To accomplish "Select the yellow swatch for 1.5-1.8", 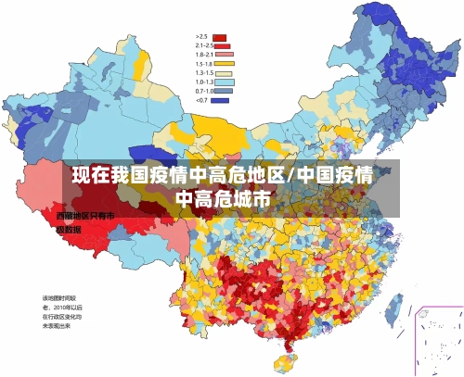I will [223, 63].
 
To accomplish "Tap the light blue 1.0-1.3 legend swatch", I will [223, 82].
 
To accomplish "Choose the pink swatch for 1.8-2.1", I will [223, 54].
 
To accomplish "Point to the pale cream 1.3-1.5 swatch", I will [223, 72].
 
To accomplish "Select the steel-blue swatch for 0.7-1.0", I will [223, 91].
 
